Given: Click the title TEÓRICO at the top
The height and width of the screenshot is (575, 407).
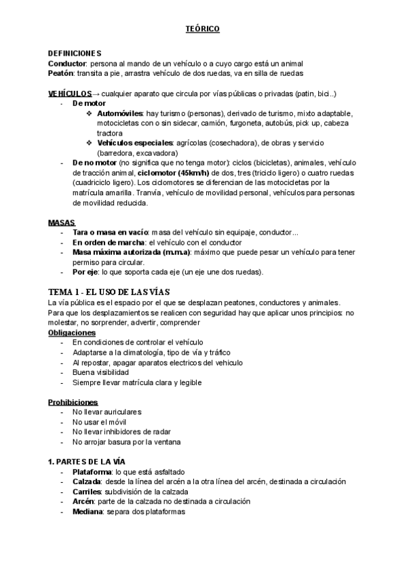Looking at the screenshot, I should point(203,29).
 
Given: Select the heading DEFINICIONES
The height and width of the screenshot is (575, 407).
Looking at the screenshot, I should point(75,54).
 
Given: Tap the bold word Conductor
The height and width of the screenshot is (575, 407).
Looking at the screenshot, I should point(67,63).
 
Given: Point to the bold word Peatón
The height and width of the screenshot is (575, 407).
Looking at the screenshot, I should point(61,73).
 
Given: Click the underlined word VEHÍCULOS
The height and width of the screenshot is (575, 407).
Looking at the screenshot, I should point(70,93).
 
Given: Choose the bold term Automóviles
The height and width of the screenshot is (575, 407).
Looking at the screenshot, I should point(120,113).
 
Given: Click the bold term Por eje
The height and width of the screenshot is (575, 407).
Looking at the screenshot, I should point(85,272).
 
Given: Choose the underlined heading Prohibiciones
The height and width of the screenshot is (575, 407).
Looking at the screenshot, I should point(73,402).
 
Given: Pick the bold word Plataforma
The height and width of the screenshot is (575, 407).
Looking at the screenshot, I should point(93,472).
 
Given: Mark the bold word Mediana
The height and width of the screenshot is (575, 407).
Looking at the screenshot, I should point(87,512).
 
